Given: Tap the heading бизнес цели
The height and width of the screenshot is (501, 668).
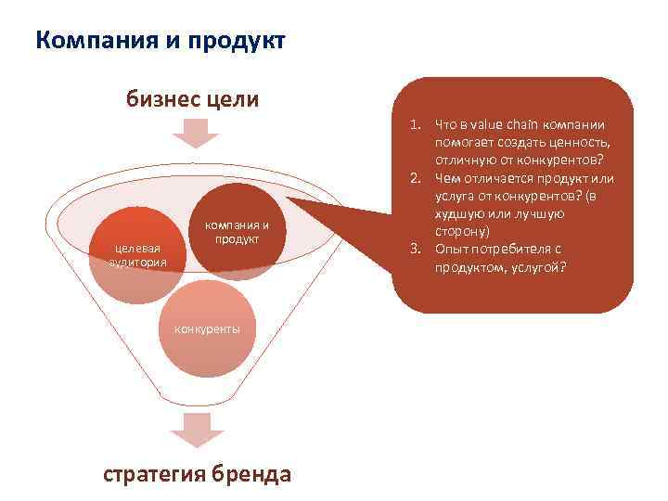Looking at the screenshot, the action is pos(193,99).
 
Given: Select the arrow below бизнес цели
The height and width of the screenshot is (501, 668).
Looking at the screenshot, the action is pos(193,134).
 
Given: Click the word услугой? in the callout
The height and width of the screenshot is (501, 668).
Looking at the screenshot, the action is pos(536,267).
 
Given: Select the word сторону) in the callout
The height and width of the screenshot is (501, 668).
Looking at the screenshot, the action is pos(461,232).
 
